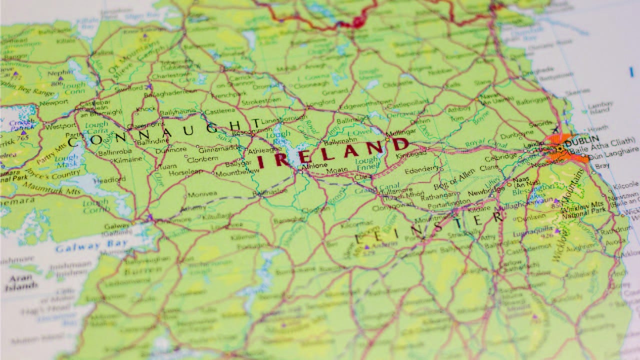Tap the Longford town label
click(x=320, y=102)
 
